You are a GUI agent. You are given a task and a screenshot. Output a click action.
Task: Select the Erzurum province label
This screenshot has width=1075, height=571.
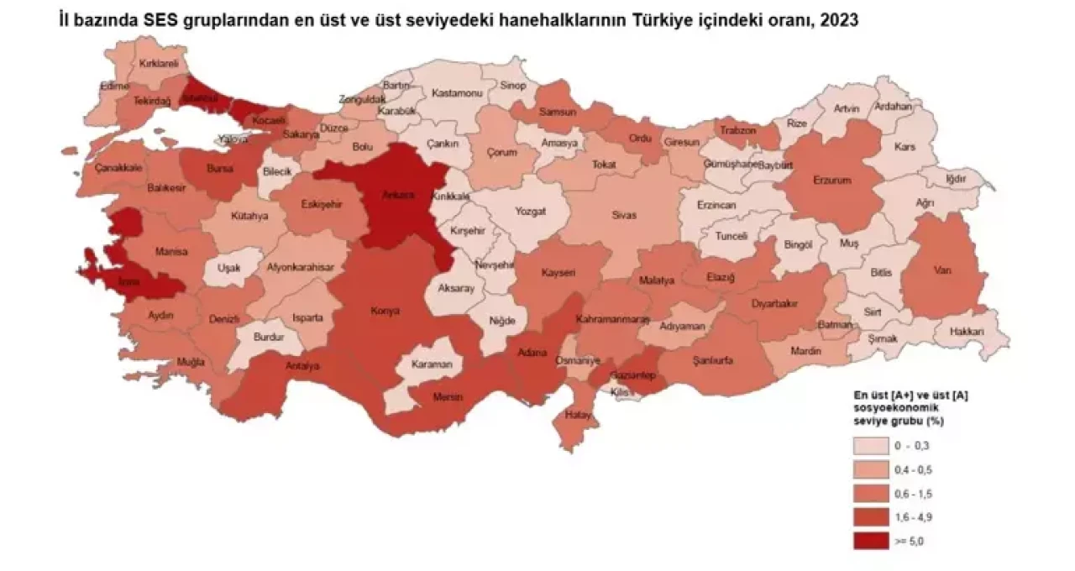pyautogui.click(x=832, y=180)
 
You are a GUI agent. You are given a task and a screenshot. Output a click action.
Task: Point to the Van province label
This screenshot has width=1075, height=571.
pyautogui.click(x=941, y=270)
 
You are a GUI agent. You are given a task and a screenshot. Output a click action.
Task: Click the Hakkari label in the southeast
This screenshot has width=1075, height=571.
pyautogui.click(x=966, y=332)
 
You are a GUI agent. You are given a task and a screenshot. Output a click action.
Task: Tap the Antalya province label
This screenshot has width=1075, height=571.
pyautogui.click(x=302, y=366)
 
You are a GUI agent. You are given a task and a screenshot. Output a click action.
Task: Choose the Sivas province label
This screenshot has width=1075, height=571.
pyautogui.click(x=623, y=216)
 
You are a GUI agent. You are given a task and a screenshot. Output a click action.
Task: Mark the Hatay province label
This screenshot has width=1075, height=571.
pyautogui.click(x=574, y=413)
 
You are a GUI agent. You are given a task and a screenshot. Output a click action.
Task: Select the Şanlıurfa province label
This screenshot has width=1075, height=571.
pyautogui.click(x=713, y=361)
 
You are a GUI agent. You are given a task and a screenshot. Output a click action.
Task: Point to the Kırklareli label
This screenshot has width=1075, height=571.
pyautogui.click(x=159, y=62)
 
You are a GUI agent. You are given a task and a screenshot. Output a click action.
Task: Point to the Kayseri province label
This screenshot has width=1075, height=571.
pyautogui.click(x=558, y=273)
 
